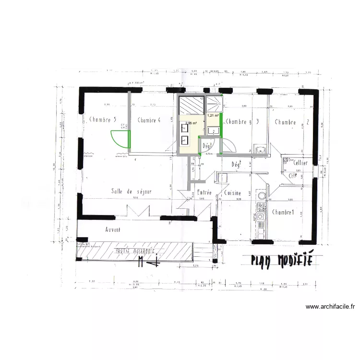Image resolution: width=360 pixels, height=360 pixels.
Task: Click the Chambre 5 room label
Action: (x=102, y=120)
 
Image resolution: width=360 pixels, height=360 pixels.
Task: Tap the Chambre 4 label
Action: (x=149, y=120)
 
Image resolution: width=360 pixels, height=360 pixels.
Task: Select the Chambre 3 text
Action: (x=242, y=122)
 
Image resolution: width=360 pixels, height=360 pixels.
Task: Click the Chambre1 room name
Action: (x=283, y=212)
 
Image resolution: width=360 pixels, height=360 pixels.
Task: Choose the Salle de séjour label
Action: (x=131, y=191)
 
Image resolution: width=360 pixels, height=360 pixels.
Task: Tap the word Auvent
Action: (x=113, y=229)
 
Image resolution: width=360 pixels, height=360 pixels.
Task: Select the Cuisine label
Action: (x=232, y=193)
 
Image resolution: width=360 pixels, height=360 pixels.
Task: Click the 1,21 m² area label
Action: (x=213, y=116)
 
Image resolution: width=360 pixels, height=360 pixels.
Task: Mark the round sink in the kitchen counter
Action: (x=262, y=196)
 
